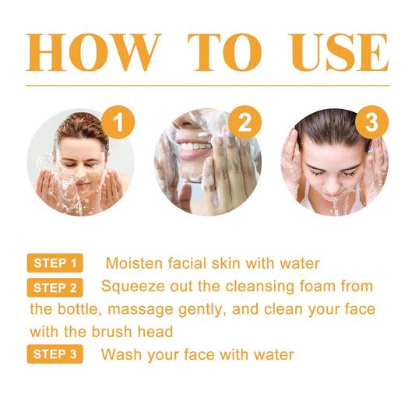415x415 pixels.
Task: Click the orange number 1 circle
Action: (x=118, y=122)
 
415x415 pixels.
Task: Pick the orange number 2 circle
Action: (x=244, y=122)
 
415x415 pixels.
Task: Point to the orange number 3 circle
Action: (x=371, y=122)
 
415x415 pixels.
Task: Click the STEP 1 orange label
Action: (x=55, y=263)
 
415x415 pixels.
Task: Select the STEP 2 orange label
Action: (x=55, y=288)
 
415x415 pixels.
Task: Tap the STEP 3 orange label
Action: (x=55, y=355)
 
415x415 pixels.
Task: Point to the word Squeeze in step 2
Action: (x=131, y=287)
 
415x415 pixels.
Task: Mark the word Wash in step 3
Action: (x=119, y=355)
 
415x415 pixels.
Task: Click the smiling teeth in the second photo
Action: (x=192, y=145)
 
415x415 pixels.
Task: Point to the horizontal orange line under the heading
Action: (x=207, y=86)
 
